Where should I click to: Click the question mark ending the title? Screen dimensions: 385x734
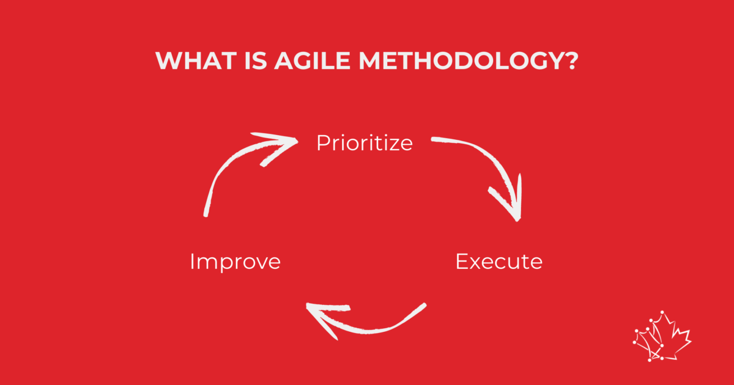[571, 61]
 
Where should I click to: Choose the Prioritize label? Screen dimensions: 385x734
[365, 144]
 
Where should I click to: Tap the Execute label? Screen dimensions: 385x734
[499, 262]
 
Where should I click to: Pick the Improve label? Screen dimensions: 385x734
[235, 262]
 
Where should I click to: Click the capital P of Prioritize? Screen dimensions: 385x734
[323, 143]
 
